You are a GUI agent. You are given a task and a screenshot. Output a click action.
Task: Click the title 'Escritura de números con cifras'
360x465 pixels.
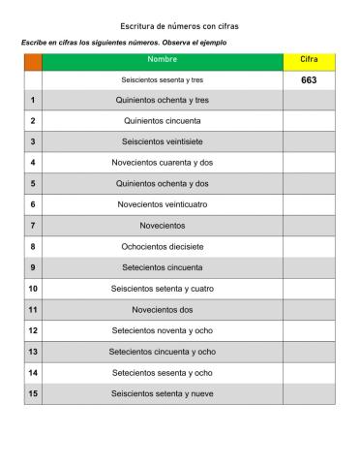[x=180, y=23]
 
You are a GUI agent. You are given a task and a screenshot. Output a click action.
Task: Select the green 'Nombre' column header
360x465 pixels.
[x=162, y=61]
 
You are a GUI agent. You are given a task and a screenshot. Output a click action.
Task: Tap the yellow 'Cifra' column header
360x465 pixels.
[x=309, y=61]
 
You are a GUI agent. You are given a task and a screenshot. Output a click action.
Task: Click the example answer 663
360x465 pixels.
[x=309, y=80]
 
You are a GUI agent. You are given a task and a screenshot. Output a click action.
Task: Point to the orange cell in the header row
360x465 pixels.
[x=33, y=61]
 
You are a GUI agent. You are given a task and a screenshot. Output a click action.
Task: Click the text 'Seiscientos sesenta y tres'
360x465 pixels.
[x=162, y=80]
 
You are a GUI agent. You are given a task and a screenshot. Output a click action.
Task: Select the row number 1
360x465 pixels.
[x=33, y=100]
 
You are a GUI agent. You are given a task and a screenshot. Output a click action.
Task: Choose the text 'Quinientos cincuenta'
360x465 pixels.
[x=162, y=121]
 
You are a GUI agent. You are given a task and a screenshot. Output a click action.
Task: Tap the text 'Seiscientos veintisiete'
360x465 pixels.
[x=162, y=141]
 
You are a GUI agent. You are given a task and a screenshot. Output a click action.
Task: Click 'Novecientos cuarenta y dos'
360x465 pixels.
[x=162, y=163]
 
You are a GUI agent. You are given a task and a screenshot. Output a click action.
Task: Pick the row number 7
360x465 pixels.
[x=33, y=226]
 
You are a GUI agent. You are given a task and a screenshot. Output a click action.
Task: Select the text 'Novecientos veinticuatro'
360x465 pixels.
[x=162, y=204]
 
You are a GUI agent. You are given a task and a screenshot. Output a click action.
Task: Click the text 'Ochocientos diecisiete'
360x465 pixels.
[x=162, y=246]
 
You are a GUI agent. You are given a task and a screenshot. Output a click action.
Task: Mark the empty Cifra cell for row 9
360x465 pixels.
[x=309, y=267]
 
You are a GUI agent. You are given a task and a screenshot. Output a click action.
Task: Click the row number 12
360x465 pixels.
[x=33, y=330]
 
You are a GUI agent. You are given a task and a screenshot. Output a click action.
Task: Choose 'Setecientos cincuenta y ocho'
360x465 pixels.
[x=162, y=352]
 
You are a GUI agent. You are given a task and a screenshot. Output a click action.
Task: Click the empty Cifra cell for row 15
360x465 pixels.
[x=309, y=393]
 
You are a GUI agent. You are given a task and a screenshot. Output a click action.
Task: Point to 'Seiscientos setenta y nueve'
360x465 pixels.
[x=162, y=393]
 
